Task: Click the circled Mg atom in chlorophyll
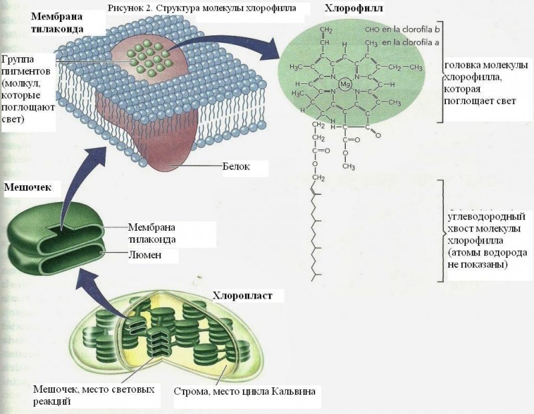pyautogui.click(x=345, y=84)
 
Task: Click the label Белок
pyautogui.click(x=236, y=167)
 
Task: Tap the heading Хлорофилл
pyautogui.click(x=354, y=8)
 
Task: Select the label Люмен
pyautogui.click(x=145, y=255)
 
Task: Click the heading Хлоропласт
pyautogui.click(x=242, y=295)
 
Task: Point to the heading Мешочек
pyautogui.click(x=27, y=187)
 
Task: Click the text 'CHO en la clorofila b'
pyautogui.click(x=403, y=29)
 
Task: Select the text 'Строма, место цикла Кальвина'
pyautogui.click(x=244, y=391)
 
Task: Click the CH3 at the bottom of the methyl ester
pyautogui.click(x=348, y=167)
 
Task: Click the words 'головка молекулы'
pyautogui.click(x=487, y=65)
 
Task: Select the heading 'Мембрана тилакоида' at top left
pyautogui.click(x=57, y=23)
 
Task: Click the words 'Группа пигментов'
pyautogui.click(x=26, y=65)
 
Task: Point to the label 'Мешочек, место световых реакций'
pyautogui.click(x=93, y=395)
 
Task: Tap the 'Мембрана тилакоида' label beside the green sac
pyautogui.click(x=152, y=233)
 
